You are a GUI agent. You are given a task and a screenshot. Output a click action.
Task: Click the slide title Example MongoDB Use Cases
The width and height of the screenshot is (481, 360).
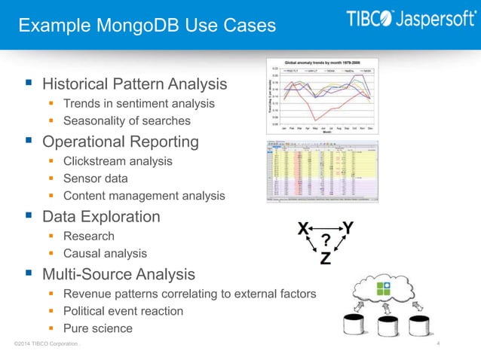[x=147, y=26]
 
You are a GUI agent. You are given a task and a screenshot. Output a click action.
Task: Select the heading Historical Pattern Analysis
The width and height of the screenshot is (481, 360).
[x=134, y=83]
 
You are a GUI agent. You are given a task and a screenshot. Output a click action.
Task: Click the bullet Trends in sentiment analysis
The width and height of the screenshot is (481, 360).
[x=139, y=103]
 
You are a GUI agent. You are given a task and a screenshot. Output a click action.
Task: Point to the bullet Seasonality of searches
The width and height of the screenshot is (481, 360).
[x=127, y=121]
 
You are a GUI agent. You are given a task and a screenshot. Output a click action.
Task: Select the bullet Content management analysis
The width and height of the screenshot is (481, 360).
[x=144, y=196]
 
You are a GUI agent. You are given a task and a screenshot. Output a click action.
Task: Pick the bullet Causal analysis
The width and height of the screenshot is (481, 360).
[x=105, y=254]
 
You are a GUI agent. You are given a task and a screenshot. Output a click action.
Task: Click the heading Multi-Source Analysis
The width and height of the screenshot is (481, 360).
[x=118, y=274]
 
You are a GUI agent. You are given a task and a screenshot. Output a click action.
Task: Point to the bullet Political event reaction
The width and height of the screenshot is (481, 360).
[x=123, y=310]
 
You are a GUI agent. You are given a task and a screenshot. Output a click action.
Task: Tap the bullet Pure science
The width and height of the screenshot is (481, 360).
[x=97, y=328]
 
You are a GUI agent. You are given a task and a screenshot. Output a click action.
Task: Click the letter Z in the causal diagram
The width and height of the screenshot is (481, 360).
[x=325, y=258]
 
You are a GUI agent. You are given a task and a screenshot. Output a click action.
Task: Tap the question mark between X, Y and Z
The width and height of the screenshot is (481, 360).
[x=326, y=240]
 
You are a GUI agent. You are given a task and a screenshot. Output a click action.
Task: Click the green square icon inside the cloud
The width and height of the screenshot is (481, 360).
[x=384, y=288]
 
